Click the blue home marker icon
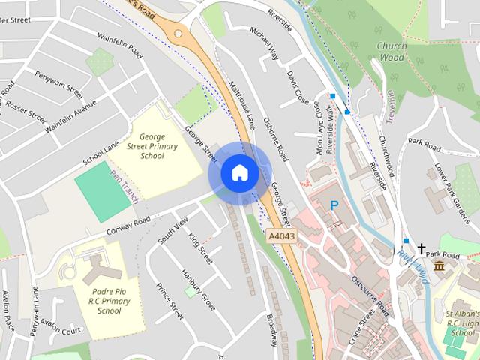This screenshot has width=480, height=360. [239, 172]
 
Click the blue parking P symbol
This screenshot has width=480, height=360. [334, 205]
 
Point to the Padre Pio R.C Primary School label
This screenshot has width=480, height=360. [109, 300]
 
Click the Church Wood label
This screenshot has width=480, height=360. [391, 50]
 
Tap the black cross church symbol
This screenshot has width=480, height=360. [421, 247]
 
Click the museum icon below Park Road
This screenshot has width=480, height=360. [438, 267]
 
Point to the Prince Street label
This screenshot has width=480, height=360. [170, 301]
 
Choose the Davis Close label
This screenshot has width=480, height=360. [298, 88]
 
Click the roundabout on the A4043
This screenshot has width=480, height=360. [178, 32]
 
